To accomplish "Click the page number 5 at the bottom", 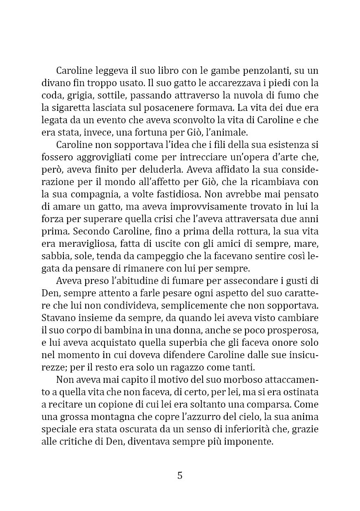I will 180,475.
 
